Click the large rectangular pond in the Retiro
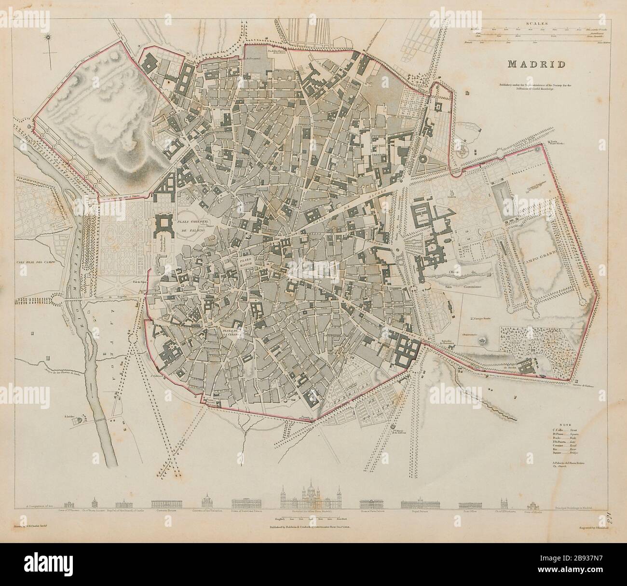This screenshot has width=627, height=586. pos(501,201)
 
